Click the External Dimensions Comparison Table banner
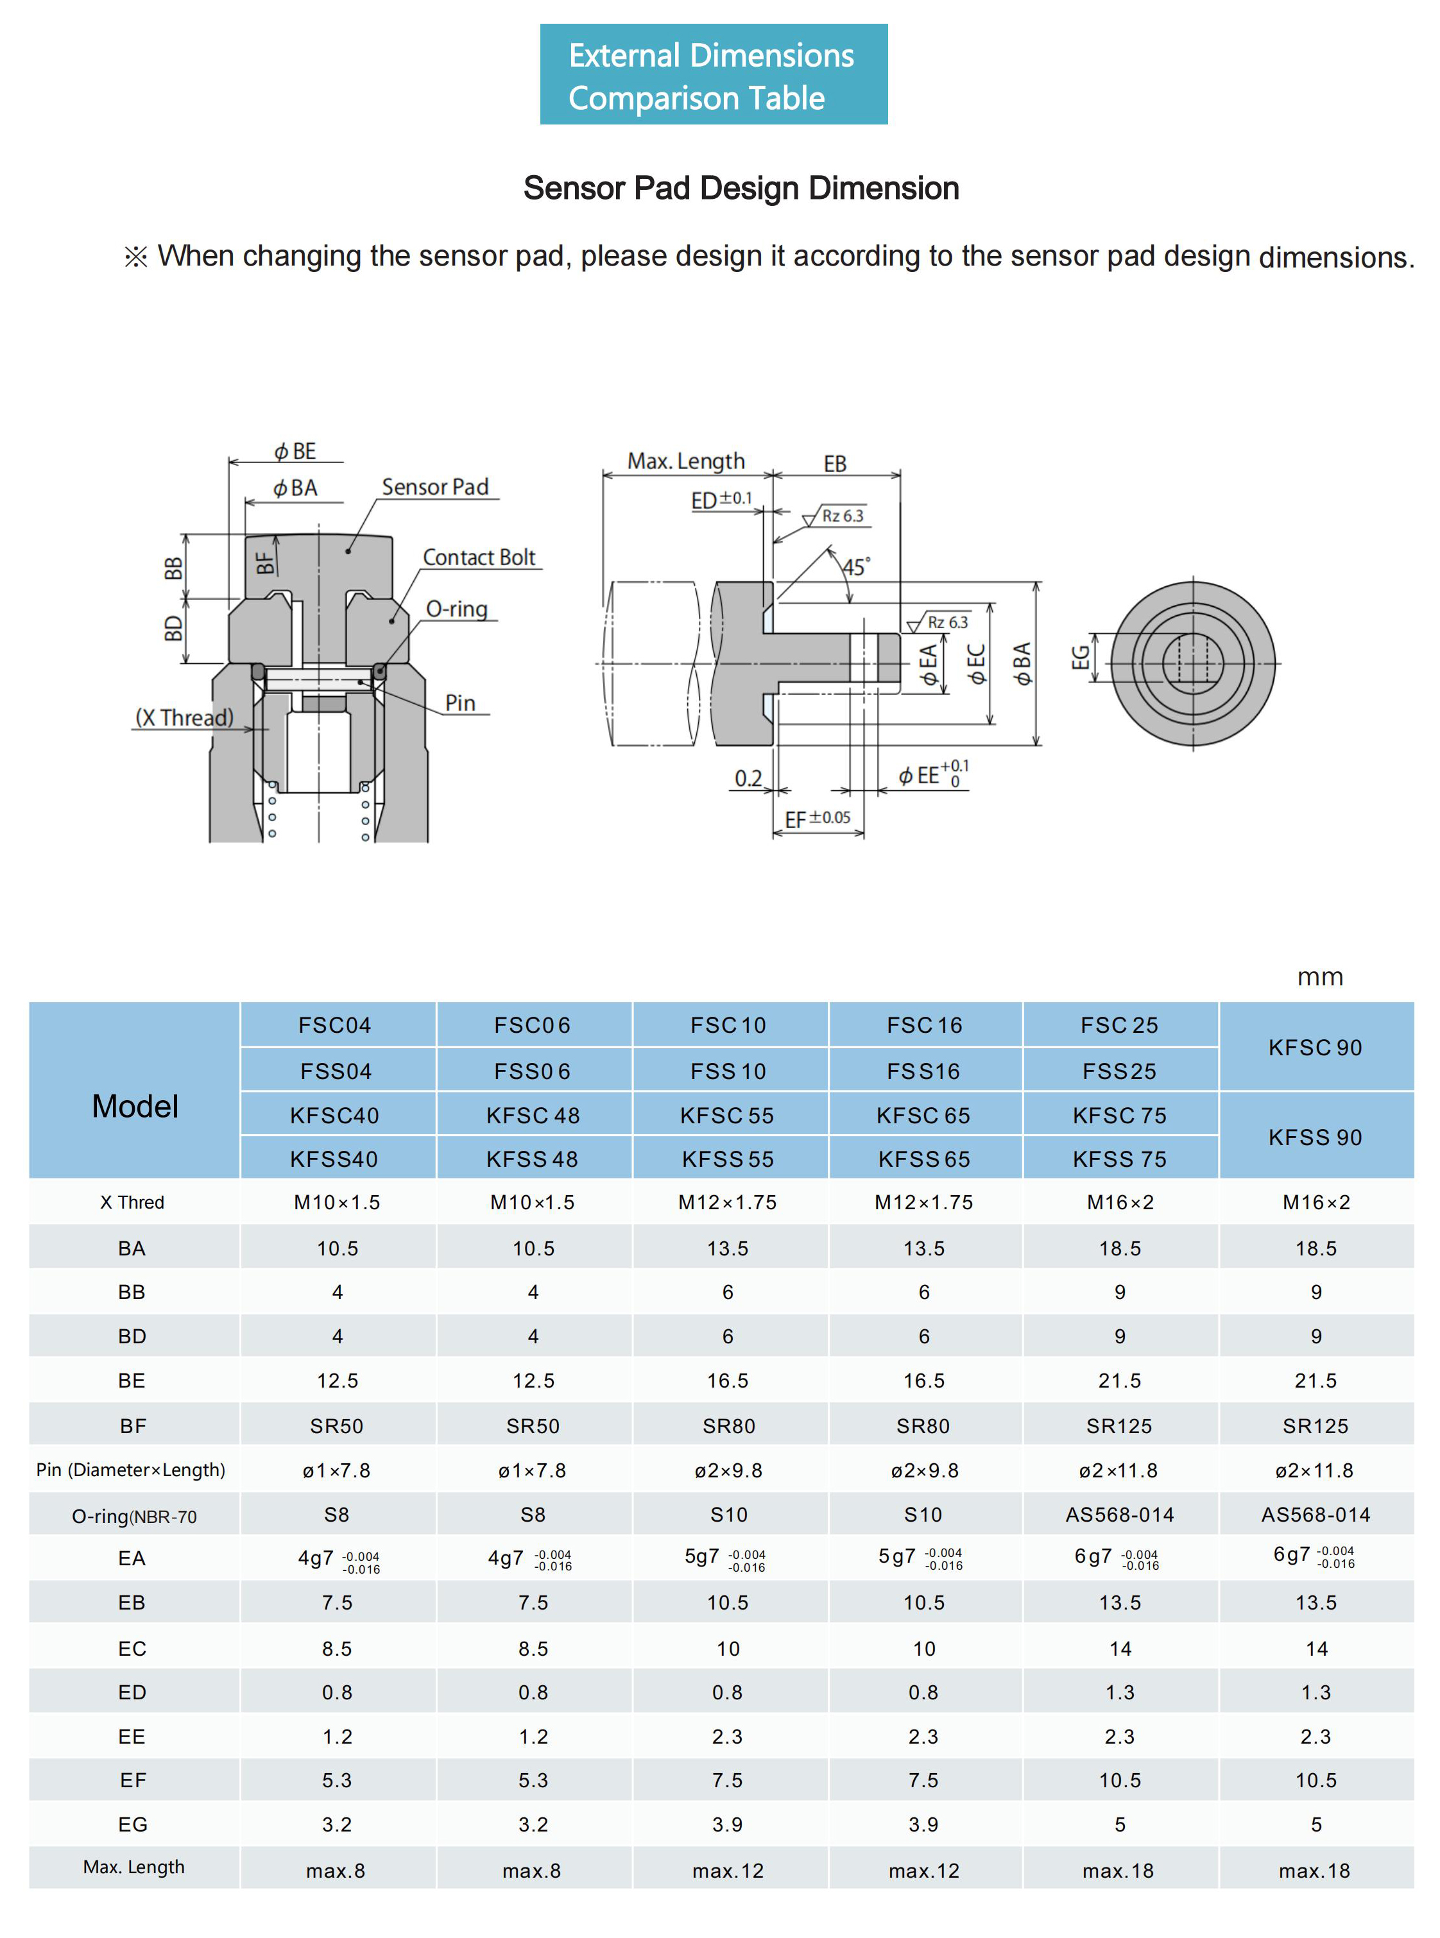(x=713, y=75)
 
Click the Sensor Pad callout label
(x=435, y=487)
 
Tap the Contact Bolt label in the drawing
(x=479, y=557)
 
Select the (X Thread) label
(x=184, y=718)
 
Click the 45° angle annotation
(x=855, y=567)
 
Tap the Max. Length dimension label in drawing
(x=686, y=461)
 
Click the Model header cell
(x=135, y=1107)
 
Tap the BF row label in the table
(x=132, y=1425)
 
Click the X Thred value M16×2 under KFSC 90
(x=1316, y=1203)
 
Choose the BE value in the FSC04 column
(x=338, y=1381)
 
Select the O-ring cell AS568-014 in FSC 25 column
(x=1119, y=1515)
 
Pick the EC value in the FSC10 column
(x=728, y=1649)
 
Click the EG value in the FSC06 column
(x=533, y=1824)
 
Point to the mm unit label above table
(x=1320, y=977)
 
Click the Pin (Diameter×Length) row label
(x=131, y=1470)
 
